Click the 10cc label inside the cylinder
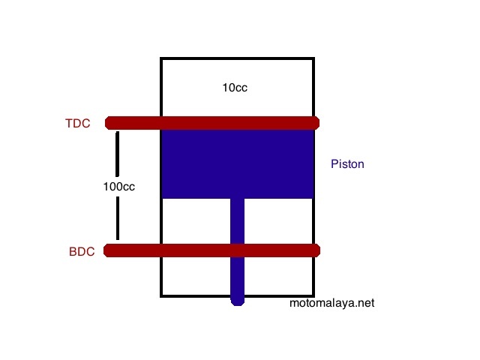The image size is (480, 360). coord(235,88)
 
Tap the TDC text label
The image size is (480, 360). coord(78,124)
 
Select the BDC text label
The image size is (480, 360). coord(82,252)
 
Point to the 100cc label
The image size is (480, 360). coord(118,186)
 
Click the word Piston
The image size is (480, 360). coord(347,163)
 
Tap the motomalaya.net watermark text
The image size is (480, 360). coord(331,304)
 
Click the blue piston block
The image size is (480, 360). coord(237,164)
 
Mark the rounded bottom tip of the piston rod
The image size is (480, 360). coord(238,301)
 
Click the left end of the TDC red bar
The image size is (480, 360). coord(109,123)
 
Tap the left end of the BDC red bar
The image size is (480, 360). coord(109,250)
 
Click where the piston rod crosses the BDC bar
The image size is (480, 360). coord(238,250)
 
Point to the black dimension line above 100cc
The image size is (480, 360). coord(118,154)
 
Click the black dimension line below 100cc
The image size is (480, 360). coord(118,217)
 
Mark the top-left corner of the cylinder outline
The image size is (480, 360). coord(162,58)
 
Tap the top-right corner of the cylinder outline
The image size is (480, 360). coord(313,58)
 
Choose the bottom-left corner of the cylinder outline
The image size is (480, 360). coord(162,295)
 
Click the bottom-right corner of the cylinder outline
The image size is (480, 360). coord(313,295)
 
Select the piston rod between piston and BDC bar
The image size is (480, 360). coord(238,221)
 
